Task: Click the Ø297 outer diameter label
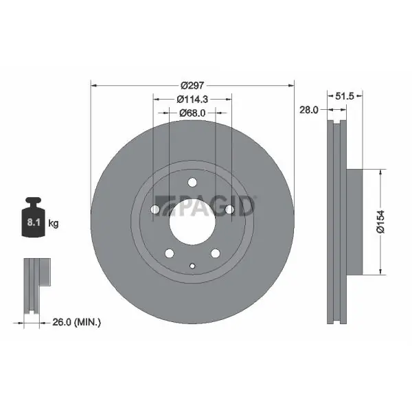tap(192, 85)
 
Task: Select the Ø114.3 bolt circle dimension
tap(192, 99)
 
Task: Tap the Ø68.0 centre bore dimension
tap(192, 113)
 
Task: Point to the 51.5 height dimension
tap(345, 96)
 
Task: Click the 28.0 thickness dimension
tap(309, 110)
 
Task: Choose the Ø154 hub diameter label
tap(380, 222)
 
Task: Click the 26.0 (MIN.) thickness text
tap(76, 322)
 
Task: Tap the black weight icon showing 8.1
tap(34, 217)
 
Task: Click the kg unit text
tap(54, 223)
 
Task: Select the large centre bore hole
tap(192, 222)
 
